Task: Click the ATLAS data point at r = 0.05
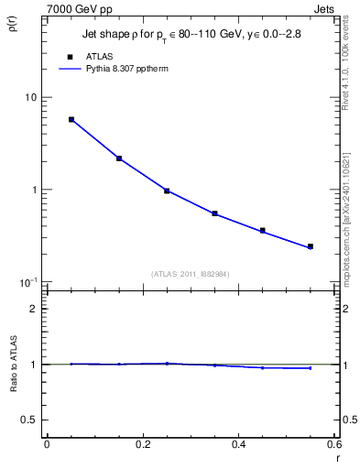tap(71, 119)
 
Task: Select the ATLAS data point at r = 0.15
tap(119, 158)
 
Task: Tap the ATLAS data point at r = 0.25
tap(167, 191)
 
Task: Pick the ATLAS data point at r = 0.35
tap(214, 213)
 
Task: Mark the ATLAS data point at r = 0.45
tap(263, 230)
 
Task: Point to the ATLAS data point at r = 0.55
tap(311, 246)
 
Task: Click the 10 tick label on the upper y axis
tap(29, 97)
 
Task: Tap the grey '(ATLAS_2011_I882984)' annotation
tap(190, 273)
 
